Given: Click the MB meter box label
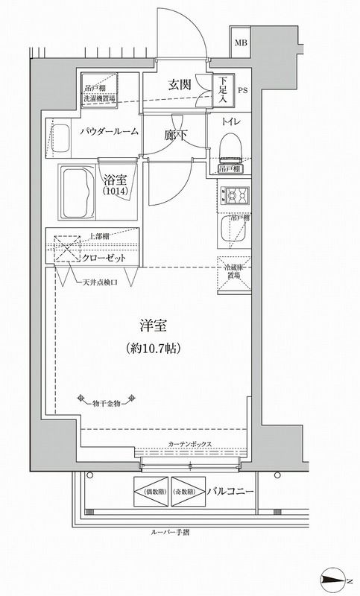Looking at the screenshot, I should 242,42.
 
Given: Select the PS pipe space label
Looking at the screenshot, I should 243,92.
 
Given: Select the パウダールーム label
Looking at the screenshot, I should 109,131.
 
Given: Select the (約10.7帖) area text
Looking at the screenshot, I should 155,348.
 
